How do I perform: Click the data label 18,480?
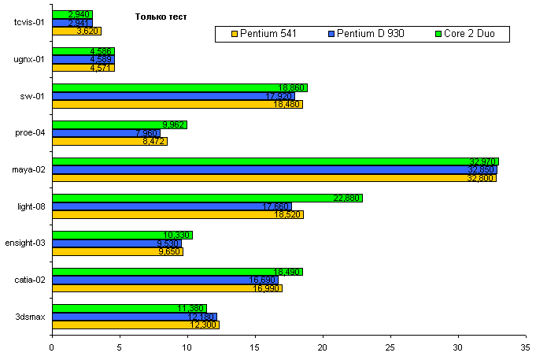tap(286, 105)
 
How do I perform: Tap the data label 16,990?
tap(266, 288)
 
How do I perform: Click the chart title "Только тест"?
tap(161, 16)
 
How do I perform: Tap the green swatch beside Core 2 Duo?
tap(438, 34)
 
